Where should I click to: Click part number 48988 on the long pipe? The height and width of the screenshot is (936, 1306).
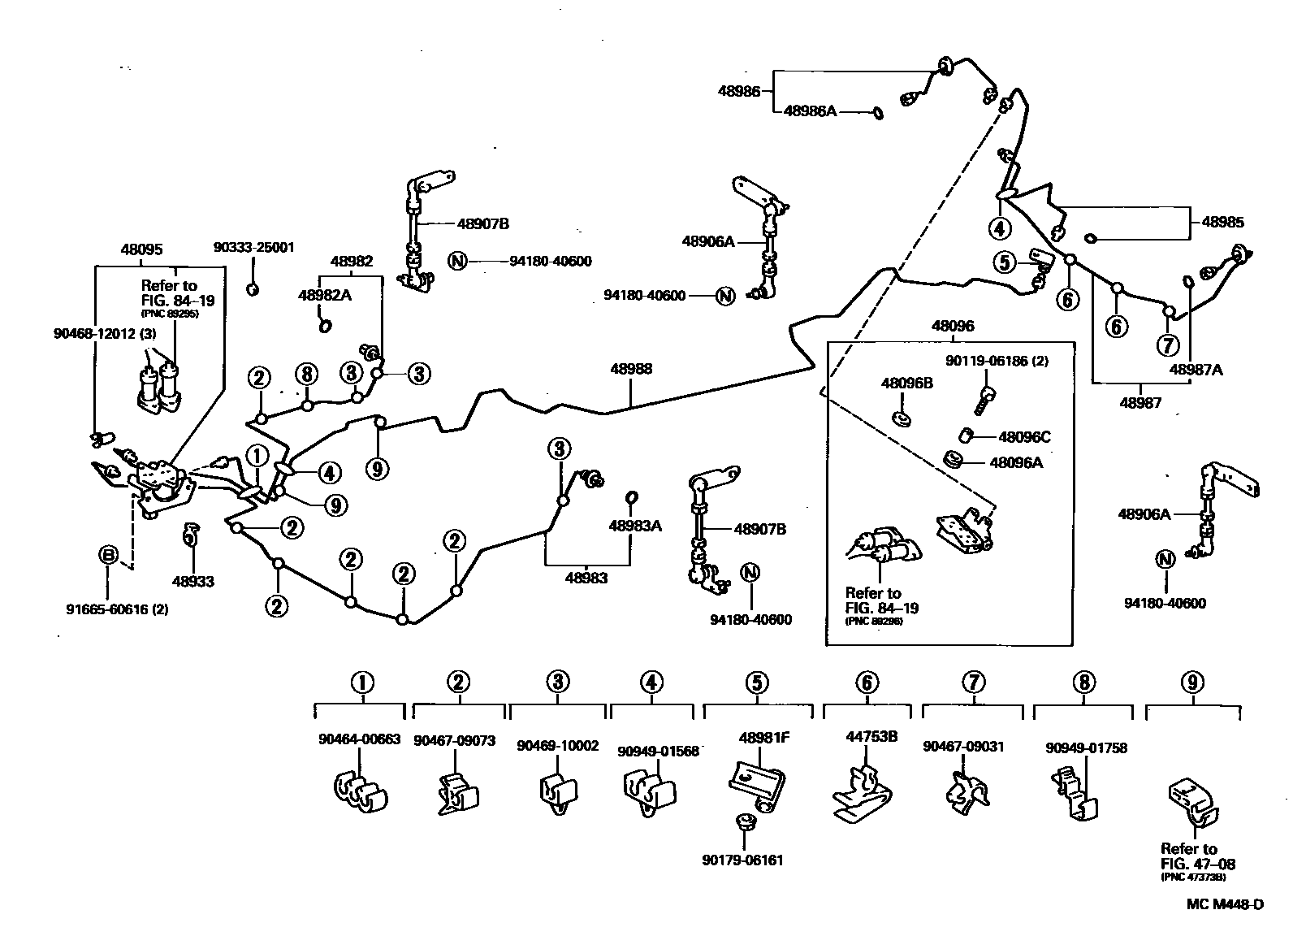(631, 369)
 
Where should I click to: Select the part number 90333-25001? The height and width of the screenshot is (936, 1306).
(254, 247)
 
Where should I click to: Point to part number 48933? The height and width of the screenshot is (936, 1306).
(193, 582)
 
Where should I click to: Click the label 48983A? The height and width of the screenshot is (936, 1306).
(635, 526)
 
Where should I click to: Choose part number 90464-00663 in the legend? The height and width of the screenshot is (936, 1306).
(359, 739)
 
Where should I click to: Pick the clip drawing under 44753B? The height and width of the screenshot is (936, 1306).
(864, 793)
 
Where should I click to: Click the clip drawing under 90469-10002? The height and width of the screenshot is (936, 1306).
(557, 793)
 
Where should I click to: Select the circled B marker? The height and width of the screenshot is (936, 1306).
(108, 556)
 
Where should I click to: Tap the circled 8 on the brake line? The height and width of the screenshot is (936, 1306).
(305, 375)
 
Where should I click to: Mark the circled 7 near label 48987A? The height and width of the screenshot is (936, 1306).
(1168, 345)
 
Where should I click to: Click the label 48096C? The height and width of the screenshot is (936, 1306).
(1024, 437)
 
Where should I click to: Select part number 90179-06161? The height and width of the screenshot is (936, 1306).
(744, 860)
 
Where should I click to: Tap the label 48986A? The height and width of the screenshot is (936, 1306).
(810, 111)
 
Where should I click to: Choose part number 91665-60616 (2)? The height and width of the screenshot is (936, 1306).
(118, 609)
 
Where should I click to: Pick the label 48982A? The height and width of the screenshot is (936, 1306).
(325, 295)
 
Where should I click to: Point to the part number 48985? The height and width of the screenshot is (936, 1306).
(1222, 222)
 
